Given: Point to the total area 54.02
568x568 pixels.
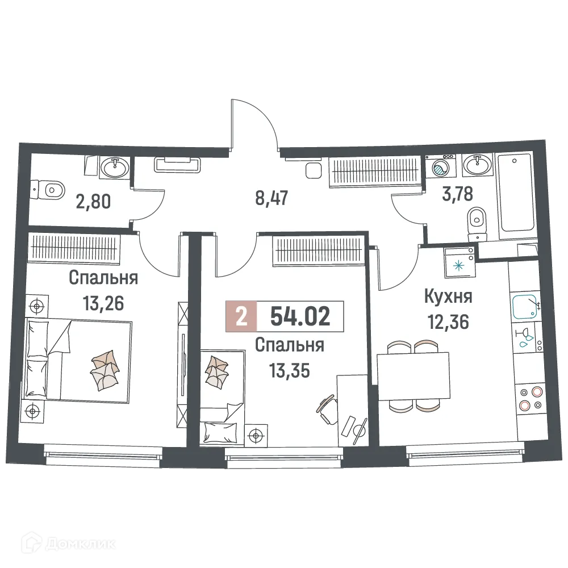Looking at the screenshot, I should pos(300,317).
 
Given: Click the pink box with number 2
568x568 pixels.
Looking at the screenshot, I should pos(241,317).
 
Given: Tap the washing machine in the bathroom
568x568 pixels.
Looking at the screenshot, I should pos(440,168).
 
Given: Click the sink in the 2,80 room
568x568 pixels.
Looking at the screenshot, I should pos(116,167).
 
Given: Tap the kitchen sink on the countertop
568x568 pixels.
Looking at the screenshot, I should pos(525,307).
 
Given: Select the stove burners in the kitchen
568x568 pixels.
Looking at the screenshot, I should pos(531,398).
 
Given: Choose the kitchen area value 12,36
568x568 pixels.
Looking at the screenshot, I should pos(449,322).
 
